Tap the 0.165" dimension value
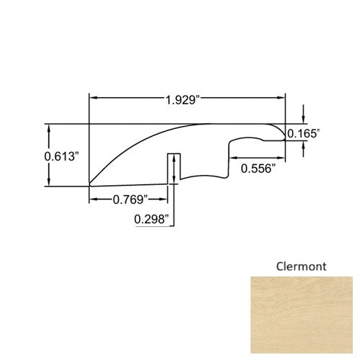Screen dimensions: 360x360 [303, 133]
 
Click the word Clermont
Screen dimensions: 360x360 [300, 266]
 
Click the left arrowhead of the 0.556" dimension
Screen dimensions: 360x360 [233, 158]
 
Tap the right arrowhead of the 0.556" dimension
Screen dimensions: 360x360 [282, 158]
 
